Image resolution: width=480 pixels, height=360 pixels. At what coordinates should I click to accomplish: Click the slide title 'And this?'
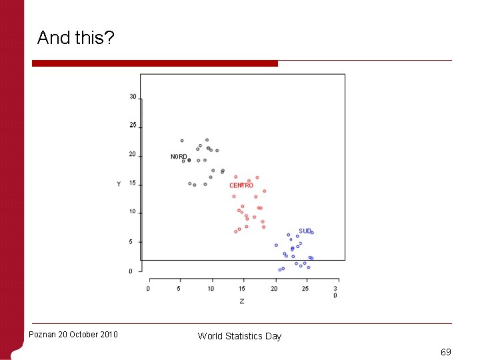coord(75,38)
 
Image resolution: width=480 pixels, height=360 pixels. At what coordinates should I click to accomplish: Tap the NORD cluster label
coord(179,157)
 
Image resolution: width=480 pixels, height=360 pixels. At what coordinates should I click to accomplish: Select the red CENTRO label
coord(241,185)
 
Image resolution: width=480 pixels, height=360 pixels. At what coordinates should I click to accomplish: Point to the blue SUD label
coord(305,231)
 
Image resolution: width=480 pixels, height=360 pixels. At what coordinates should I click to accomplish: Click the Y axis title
coord(119,184)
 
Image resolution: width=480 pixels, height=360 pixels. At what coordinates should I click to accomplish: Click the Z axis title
coord(241,301)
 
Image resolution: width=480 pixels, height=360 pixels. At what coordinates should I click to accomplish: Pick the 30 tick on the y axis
coord(133,97)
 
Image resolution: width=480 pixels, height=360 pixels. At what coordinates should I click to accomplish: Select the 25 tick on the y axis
coord(133,125)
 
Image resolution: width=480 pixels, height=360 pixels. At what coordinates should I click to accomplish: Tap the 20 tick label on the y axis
coord(133,155)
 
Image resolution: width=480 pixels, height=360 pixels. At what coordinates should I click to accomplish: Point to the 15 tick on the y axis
coord(133,183)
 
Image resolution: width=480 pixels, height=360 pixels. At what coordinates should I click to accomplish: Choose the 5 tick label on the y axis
coord(131,242)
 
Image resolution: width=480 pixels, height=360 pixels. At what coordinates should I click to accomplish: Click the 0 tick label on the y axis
coord(131,271)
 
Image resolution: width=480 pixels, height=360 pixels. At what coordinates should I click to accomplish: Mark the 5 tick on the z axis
coord(179,289)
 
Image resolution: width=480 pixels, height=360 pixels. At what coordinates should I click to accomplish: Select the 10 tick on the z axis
coord(211,289)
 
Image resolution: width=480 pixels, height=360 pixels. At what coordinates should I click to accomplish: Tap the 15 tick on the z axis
coord(242,289)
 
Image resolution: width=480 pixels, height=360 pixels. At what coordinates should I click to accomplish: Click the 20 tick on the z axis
coord(274,289)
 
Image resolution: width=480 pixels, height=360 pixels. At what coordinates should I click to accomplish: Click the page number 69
coord(446,351)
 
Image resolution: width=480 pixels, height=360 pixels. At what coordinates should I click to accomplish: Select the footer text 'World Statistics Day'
coord(239,336)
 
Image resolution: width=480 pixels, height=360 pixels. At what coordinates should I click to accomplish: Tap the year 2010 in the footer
coord(107,334)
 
